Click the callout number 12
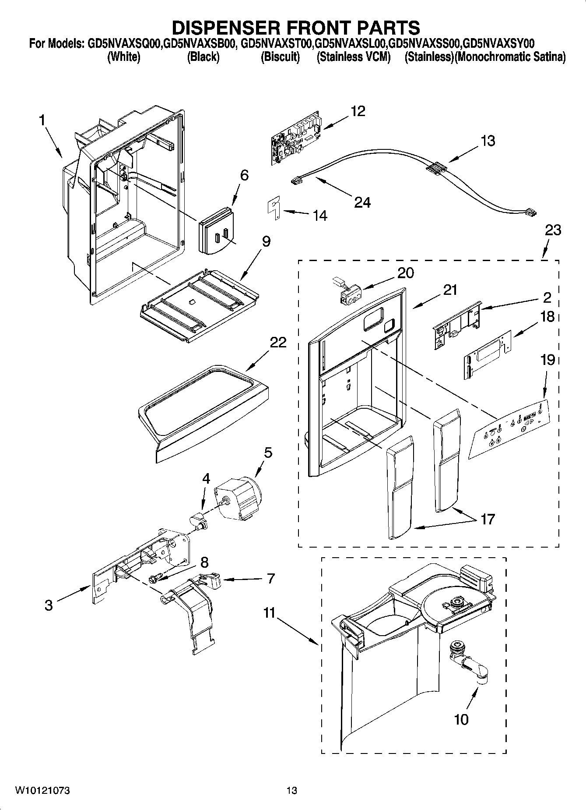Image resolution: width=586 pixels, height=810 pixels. click(x=358, y=111)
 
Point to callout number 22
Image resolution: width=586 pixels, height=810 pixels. click(x=278, y=342)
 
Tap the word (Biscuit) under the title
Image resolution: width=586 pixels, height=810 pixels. click(x=280, y=57)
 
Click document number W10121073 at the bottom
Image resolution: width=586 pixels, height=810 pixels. click(x=42, y=791)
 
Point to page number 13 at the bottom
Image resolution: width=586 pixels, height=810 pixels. click(x=291, y=791)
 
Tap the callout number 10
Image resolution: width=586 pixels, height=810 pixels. click(x=461, y=719)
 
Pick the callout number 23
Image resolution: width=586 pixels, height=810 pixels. click(x=553, y=230)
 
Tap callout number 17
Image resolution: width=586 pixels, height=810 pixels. click(x=487, y=520)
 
